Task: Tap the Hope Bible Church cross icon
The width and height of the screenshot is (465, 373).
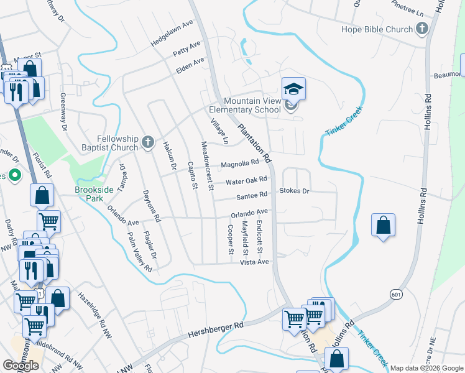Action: click(422, 29)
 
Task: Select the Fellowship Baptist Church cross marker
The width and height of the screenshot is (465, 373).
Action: click(148, 142)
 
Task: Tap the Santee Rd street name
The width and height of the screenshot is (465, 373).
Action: click(252, 196)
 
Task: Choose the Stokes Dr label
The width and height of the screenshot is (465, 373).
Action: click(294, 191)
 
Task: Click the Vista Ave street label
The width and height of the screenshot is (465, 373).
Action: click(255, 262)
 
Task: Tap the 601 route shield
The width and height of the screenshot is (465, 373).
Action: click(395, 293)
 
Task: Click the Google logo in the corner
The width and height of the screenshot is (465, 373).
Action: click(21, 365)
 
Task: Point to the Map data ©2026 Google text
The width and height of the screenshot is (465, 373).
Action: click(426, 368)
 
